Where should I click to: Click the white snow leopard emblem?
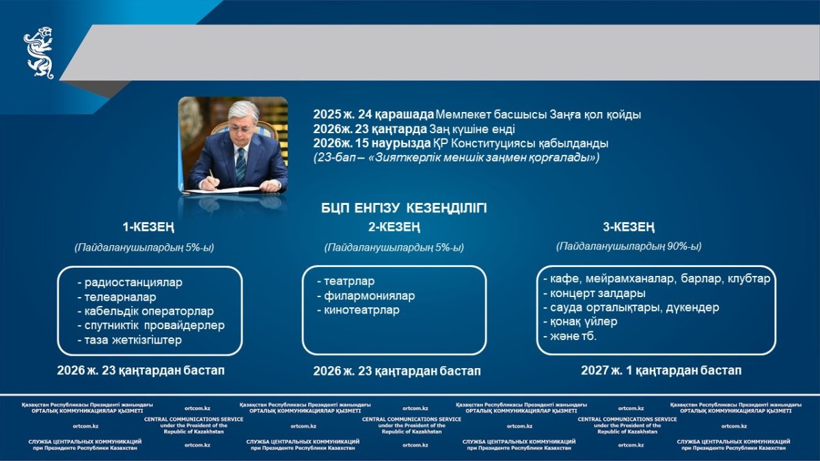point(39,53)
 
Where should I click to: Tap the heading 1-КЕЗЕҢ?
point(149,227)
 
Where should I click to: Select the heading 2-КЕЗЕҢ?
point(394,227)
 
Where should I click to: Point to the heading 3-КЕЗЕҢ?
point(629,227)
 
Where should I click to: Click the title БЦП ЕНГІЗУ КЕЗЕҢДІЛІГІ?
point(404,208)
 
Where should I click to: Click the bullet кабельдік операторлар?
point(146,311)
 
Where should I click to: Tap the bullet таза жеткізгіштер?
point(130,340)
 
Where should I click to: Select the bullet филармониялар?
point(366,296)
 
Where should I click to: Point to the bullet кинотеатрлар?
point(358,310)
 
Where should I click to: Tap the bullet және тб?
point(570,336)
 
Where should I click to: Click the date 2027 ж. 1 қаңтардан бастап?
point(661,371)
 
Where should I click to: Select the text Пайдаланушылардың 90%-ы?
point(629,247)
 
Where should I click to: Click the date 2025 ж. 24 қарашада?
point(373,115)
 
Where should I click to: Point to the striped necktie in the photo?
point(241,165)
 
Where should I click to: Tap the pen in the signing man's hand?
point(212,174)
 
